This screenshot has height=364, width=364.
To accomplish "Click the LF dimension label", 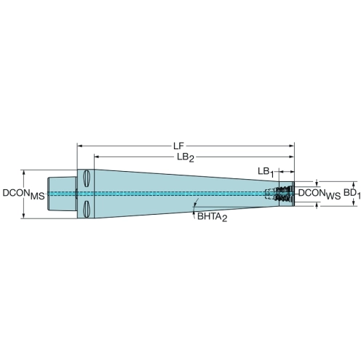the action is (x=178, y=146).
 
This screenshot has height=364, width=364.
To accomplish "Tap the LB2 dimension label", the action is (x=186, y=158).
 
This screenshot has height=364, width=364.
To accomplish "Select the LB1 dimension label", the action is (x=266, y=172).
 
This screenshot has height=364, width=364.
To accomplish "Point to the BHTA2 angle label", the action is (x=213, y=216).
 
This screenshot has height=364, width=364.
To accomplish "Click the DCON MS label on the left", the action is (x=23, y=194).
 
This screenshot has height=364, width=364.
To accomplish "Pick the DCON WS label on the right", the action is (x=320, y=194).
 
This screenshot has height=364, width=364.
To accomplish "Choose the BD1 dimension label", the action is (x=352, y=194).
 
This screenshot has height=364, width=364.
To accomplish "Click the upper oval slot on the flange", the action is (x=86, y=178).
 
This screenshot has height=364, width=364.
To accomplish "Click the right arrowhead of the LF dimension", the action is (x=291, y=146).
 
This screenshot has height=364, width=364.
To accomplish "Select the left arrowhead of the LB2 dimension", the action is (x=97, y=157).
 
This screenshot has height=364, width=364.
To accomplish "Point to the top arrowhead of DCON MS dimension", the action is (x=23, y=173).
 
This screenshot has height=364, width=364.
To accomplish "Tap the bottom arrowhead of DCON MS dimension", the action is (x=23, y=215).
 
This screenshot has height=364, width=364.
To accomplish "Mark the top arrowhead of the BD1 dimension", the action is (x=354, y=184).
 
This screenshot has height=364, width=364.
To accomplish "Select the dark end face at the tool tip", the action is (x=293, y=194).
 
